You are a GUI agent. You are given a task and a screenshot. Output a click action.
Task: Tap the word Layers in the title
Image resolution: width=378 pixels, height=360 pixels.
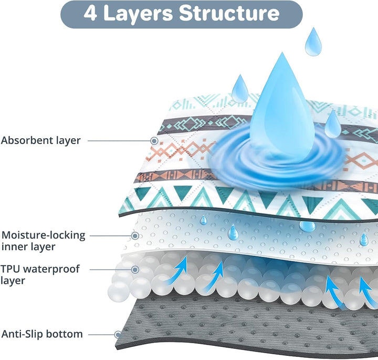pos(138,15)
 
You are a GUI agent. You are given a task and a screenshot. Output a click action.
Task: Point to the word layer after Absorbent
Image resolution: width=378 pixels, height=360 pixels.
pos(68,141)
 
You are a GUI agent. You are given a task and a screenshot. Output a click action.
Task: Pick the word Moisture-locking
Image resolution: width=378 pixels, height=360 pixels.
pos(44,235)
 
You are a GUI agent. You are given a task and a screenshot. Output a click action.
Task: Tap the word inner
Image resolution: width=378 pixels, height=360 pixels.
pos(14,246)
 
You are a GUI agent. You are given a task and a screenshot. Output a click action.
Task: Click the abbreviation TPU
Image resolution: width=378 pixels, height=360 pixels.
pos(10,269)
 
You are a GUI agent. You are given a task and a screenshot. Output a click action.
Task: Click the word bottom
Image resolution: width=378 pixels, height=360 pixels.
pos(64,334)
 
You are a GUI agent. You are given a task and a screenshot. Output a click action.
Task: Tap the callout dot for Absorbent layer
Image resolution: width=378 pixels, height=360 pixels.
pos(154,141)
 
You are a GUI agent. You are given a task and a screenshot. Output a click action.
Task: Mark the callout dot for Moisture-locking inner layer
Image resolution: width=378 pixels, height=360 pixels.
pos(135,236)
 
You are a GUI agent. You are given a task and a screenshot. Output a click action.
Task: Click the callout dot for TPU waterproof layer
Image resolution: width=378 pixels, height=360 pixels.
pos(135,270)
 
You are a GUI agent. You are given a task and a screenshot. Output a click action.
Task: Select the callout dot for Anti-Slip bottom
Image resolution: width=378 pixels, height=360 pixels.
pos(118,335)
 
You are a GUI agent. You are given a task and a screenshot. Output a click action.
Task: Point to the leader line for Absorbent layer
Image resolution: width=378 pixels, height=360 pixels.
pos(119,141)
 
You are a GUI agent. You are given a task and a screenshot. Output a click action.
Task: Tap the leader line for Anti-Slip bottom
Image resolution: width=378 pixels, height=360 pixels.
pos(102,335)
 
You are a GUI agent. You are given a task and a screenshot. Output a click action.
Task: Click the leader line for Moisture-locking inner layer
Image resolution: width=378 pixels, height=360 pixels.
pos(111,236)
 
